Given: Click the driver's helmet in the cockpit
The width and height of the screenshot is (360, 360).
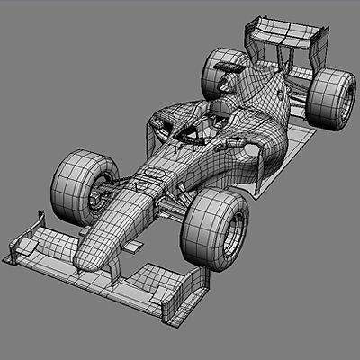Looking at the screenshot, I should pos(219,112).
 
